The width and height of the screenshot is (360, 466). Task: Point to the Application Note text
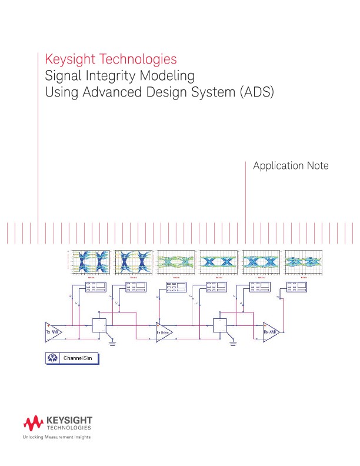point(291,166)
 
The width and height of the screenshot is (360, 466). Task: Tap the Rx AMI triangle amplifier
point(271,331)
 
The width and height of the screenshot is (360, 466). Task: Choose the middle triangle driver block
point(164,331)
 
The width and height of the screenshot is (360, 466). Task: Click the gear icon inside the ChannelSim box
point(52,358)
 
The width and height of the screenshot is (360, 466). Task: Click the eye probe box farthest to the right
point(296,287)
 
